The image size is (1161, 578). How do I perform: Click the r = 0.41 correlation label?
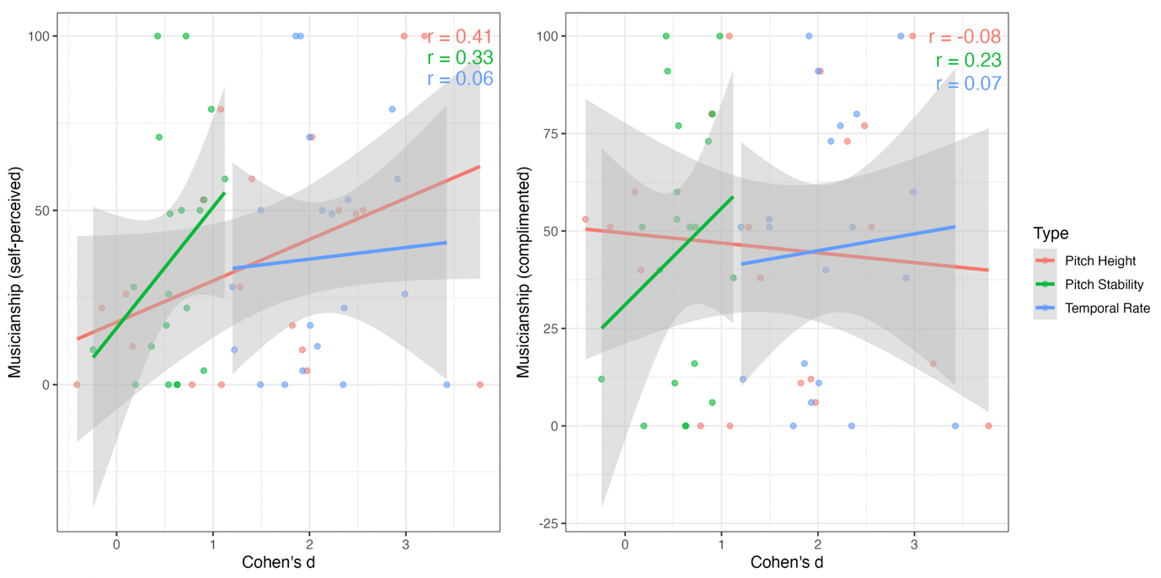pos(459,36)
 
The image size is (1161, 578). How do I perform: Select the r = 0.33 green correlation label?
pos(459,58)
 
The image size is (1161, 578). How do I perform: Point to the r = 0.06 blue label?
pos(459,79)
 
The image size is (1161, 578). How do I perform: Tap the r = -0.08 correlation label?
pos(964,37)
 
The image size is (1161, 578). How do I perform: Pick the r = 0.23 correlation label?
pos(968,61)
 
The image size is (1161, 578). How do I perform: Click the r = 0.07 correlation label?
pos(968,83)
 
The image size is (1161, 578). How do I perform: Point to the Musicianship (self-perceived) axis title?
pos(14,272)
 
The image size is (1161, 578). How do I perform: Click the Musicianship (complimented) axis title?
pos(523,272)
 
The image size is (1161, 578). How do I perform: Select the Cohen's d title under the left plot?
pos(278,561)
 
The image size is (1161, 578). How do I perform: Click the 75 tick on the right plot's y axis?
pos(548,133)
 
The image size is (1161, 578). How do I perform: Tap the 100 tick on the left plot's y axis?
pos(40,36)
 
